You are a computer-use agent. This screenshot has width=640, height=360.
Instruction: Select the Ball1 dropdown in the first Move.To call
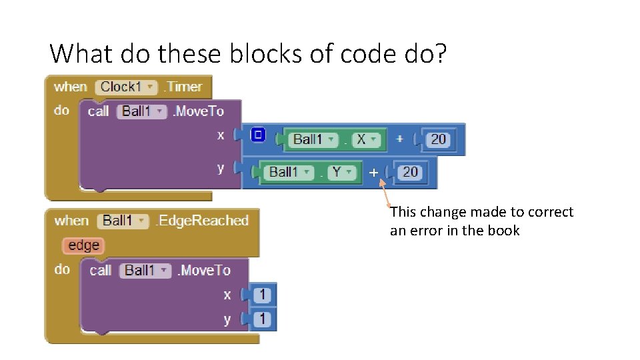pos(141,111)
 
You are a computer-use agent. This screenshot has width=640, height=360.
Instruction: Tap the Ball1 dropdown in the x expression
pos(312,139)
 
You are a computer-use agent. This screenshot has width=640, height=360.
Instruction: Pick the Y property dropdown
pos(342,172)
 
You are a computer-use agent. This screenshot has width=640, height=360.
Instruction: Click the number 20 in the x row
pos(438,139)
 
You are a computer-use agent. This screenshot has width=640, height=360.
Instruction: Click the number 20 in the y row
pos(410,172)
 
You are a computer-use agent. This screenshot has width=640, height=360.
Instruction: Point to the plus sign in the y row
pos(373,172)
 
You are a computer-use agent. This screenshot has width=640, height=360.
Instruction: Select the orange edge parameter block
pos(83,245)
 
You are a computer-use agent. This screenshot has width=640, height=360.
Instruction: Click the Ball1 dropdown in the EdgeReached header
pos(124,221)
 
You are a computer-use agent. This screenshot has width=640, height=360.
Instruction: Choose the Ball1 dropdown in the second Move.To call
pos(145,270)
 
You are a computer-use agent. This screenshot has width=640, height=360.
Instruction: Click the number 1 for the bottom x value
pos(263,295)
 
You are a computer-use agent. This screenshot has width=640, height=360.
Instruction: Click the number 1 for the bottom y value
pos(263,319)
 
